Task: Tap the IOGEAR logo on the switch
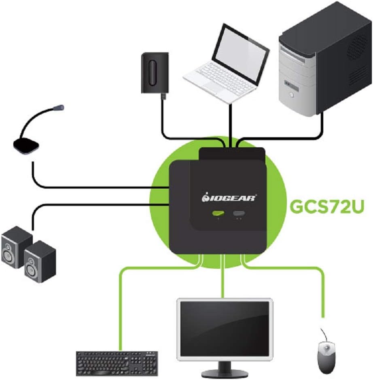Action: click(229, 197)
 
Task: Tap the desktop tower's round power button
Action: click(291, 96)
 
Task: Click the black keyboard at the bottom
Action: click(117, 363)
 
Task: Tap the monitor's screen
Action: click(225, 328)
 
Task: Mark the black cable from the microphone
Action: click(81, 187)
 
